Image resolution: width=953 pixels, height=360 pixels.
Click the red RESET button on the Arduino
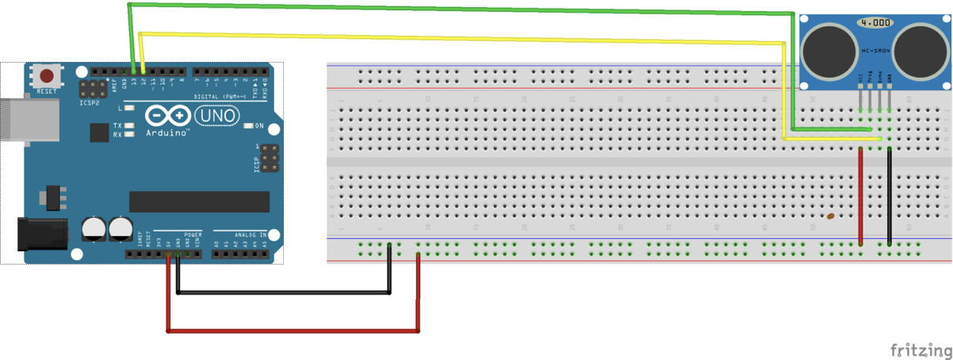(47, 77)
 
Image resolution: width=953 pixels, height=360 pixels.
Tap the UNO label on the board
(216, 116)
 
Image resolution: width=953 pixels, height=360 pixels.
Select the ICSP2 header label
(89, 102)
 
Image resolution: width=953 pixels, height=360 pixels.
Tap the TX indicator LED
(128, 126)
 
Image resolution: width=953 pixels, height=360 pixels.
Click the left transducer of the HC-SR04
(828, 48)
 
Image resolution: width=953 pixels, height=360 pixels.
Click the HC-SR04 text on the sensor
(875, 50)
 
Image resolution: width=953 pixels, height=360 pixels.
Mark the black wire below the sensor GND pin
(889, 198)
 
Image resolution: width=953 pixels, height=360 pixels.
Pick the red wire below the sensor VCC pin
(860, 198)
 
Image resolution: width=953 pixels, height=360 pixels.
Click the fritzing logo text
(920, 350)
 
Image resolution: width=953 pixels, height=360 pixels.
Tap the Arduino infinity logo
(167, 117)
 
